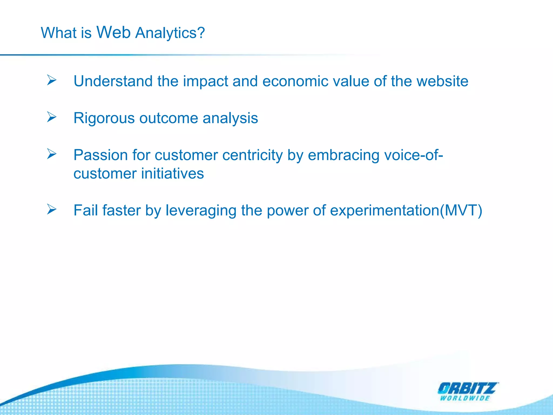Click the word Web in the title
(x=113, y=32)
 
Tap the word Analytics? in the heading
(x=170, y=34)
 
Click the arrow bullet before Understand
(x=52, y=80)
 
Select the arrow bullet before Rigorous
(x=52, y=117)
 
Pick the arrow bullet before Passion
(x=52, y=154)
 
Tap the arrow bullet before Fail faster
(x=52, y=209)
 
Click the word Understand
(x=113, y=81)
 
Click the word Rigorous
(x=104, y=118)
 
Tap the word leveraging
(x=201, y=211)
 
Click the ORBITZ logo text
(x=468, y=389)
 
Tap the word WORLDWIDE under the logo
(x=465, y=398)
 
